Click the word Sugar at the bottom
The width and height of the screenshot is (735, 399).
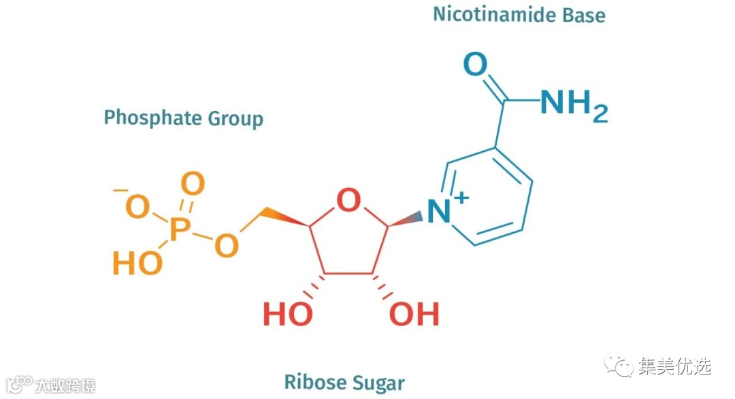pyautogui.click(x=376, y=383)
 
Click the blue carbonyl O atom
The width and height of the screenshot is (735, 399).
pyautogui.click(x=475, y=65)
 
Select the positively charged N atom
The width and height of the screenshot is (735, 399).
pyautogui.click(x=439, y=212)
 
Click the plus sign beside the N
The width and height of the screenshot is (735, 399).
pyautogui.click(x=462, y=197)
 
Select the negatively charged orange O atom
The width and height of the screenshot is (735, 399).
pyautogui.click(x=137, y=207)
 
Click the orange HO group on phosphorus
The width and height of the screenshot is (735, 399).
pyautogui.click(x=137, y=264)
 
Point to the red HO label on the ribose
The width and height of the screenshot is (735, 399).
pyautogui.click(x=287, y=315)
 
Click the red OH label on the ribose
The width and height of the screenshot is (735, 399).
pyautogui.click(x=414, y=315)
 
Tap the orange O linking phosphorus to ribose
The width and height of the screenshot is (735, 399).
pyautogui.click(x=227, y=246)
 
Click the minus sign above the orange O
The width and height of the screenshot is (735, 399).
pyautogui.click(x=120, y=191)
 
